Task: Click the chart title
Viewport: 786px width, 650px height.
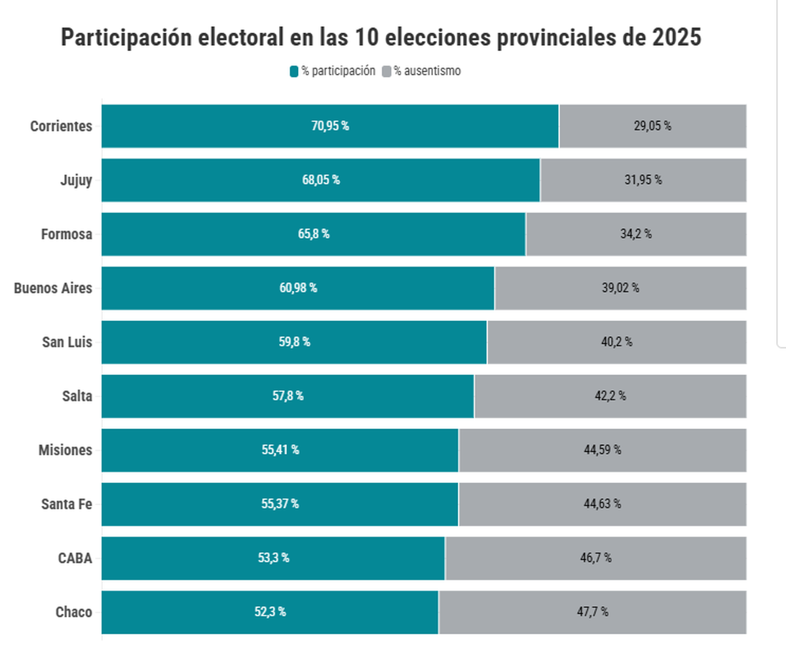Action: click(381, 37)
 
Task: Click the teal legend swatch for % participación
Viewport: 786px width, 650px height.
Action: click(294, 71)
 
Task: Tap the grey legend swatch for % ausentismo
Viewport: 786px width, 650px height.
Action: click(386, 71)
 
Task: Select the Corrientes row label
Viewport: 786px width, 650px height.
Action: click(61, 126)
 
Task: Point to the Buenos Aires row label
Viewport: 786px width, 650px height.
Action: click(53, 288)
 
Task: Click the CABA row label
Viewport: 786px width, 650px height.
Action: click(75, 558)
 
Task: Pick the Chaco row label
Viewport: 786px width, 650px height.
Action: click(73, 613)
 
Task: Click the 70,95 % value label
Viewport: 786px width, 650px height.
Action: click(330, 126)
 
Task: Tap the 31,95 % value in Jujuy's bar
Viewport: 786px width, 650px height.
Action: click(643, 180)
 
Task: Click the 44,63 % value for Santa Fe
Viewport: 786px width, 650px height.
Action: click(602, 504)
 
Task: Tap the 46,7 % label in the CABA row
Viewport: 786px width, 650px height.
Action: click(595, 558)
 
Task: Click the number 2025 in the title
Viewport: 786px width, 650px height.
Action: click(677, 37)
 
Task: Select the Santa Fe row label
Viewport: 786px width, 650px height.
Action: click(66, 505)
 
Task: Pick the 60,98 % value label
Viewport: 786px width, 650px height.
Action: click(298, 288)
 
